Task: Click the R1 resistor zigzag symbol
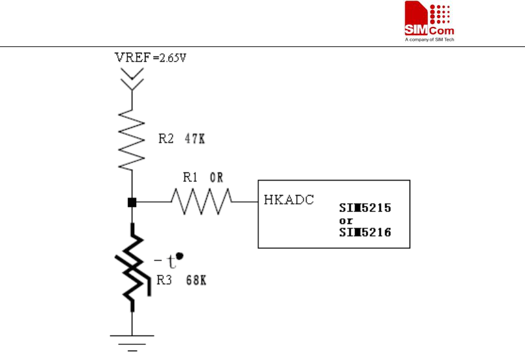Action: pyautogui.click(x=201, y=202)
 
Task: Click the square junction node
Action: pyautogui.click(x=132, y=202)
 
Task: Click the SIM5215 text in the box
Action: pyautogui.click(x=366, y=208)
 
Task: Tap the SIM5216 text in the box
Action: pyautogui.click(x=366, y=233)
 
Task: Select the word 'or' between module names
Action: pyautogui.click(x=346, y=220)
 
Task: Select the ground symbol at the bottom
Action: pyautogui.click(x=132, y=341)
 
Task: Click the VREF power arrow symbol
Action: pyautogui.click(x=132, y=78)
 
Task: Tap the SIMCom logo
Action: pyautogui.click(x=429, y=22)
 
